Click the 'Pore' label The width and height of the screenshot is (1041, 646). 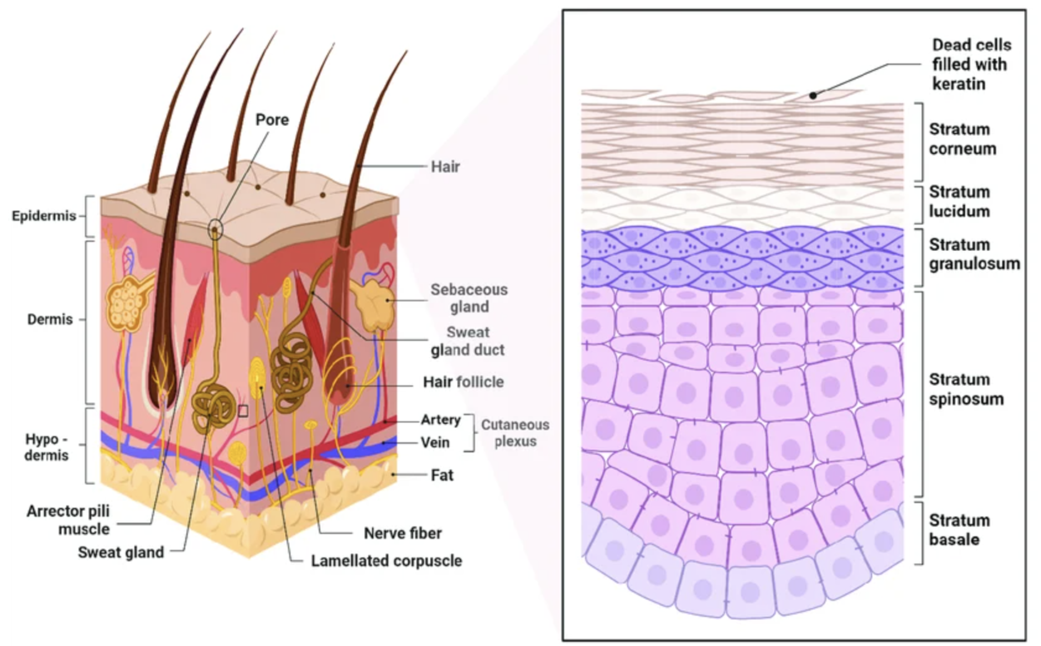[272, 120]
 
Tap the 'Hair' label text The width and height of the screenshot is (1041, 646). [445, 166]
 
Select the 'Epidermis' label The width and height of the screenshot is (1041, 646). [44, 216]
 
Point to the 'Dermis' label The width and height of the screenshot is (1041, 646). [50, 319]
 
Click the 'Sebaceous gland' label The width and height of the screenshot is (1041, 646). [469, 298]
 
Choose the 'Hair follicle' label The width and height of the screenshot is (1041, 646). [464, 382]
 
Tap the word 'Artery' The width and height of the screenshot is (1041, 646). [440, 420]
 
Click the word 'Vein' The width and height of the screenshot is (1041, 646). [435, 442]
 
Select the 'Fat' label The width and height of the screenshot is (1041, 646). [442, 475]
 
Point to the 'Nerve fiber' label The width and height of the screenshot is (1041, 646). [403, 533]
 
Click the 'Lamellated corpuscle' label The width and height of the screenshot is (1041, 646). [386, 561]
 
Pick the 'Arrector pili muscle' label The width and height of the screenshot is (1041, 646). [68, 520]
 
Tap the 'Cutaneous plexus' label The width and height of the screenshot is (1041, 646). [515, 433]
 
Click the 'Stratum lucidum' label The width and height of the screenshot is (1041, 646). [959, 201]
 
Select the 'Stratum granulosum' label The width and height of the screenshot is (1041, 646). [974, 254]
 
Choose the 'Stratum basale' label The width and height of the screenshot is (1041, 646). [959, 529]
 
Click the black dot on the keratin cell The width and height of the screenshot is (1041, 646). [813, 96]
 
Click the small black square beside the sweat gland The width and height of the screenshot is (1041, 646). [243, 411]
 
